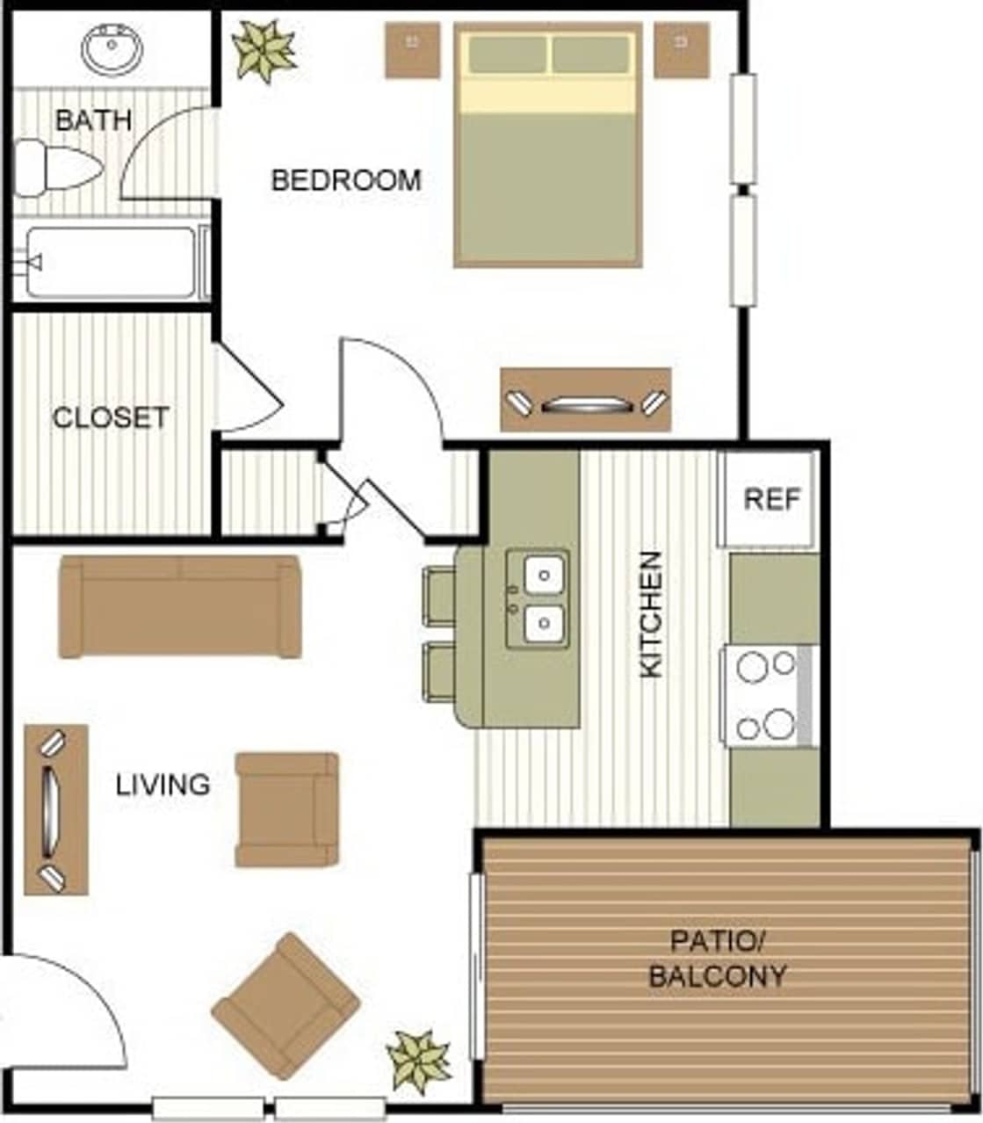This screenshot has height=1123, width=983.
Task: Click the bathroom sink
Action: (x=112, y=49)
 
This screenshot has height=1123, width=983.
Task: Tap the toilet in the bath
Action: (x=57, y=167)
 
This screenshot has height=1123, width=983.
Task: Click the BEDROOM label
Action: (x=346, y=180)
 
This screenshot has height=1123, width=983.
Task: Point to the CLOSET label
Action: (x=111, y=417)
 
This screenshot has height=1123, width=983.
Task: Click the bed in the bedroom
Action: (x=548, y=145)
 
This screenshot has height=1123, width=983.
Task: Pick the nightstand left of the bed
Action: (x=412, y=50)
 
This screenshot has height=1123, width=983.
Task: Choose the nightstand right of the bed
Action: (x=682, y=50)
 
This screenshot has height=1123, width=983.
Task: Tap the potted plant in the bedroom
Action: (x=264, y=50)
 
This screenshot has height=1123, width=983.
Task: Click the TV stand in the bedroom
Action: (x=586, y=400)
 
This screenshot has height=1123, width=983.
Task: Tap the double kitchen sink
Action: (x=538, y=599)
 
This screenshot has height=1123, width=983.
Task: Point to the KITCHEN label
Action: (x=651, y=614)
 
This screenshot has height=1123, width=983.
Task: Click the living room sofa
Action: (x=180, y=606)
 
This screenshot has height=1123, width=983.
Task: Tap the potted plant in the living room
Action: (x=419, y=1061)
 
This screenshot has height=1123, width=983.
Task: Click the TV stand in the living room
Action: (x=55, y=809)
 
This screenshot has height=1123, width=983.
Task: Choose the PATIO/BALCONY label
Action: (x=717, y=959)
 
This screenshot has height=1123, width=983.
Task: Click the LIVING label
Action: (x=163, y=784)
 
